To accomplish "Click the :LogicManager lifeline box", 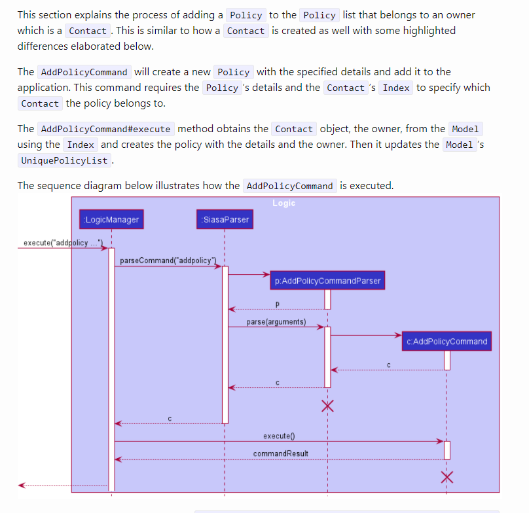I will tap(111, 219).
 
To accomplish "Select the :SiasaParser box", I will tap(225, 219).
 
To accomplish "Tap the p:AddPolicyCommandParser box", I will tap(327, 281).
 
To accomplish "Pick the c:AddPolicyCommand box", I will tap(447, 341).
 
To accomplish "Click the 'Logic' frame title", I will tap(283, 203).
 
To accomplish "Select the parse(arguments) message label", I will tap(276, 322).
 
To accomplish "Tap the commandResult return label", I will tap(280, 453).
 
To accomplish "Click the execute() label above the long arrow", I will tap(279, 436).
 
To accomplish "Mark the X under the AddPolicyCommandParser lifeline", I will tap(327, 406).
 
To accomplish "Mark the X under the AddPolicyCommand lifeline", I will tap(447, 476).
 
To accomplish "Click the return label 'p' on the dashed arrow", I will tap(277, 304).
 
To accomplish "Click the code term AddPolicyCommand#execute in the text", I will tap(105, 129).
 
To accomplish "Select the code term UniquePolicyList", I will tap(65, 160).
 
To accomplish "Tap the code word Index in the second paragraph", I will tap(395, 88).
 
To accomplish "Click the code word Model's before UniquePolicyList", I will tap(459, 145).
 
